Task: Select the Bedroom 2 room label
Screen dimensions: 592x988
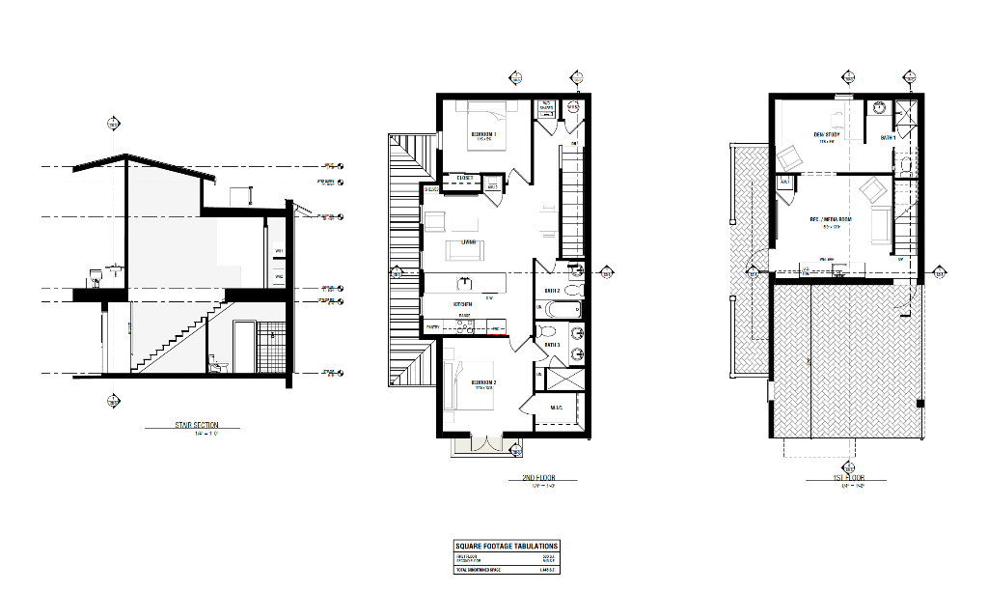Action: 484,382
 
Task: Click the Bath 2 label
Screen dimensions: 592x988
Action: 552,290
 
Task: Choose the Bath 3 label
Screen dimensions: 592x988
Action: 552,345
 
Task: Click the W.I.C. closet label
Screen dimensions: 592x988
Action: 557,408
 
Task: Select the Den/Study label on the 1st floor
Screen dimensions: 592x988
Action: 827,134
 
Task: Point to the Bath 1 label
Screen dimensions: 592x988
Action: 888,138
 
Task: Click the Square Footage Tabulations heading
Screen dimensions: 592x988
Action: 506,547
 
